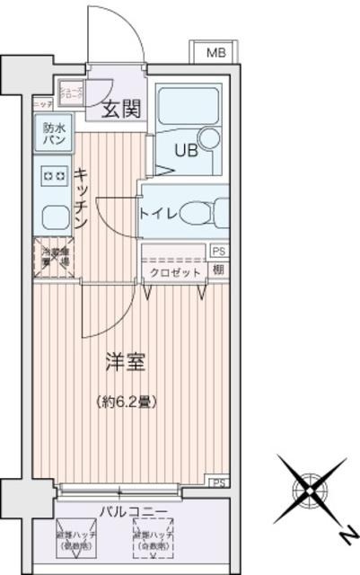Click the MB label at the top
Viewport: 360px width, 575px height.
tap(216, 53)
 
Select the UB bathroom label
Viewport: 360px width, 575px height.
tap(172, 150)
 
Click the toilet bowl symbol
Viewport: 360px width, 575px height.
tap(199, 213)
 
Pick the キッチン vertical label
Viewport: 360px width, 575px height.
tap(80, 198)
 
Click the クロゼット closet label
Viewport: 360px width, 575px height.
tap(170, 270)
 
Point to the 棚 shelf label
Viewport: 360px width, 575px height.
tap(219, 270)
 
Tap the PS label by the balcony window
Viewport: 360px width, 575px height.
tap(219, 482)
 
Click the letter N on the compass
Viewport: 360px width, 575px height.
tap(345, 536)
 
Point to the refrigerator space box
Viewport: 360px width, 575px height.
tap(52, 255)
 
